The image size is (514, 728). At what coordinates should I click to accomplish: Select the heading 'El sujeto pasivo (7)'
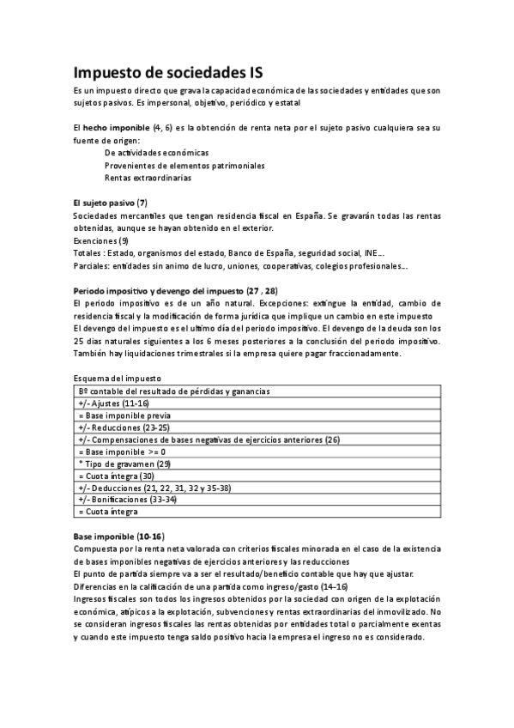[111, 202]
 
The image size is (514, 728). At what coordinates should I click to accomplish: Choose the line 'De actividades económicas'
[157, 152]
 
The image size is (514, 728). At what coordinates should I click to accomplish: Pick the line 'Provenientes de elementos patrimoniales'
[184, 165]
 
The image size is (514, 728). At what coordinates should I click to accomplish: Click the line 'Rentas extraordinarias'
[148, 178]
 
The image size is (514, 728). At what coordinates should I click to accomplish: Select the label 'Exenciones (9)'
[101, 241]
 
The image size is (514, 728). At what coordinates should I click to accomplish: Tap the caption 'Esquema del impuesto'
[118, 379]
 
